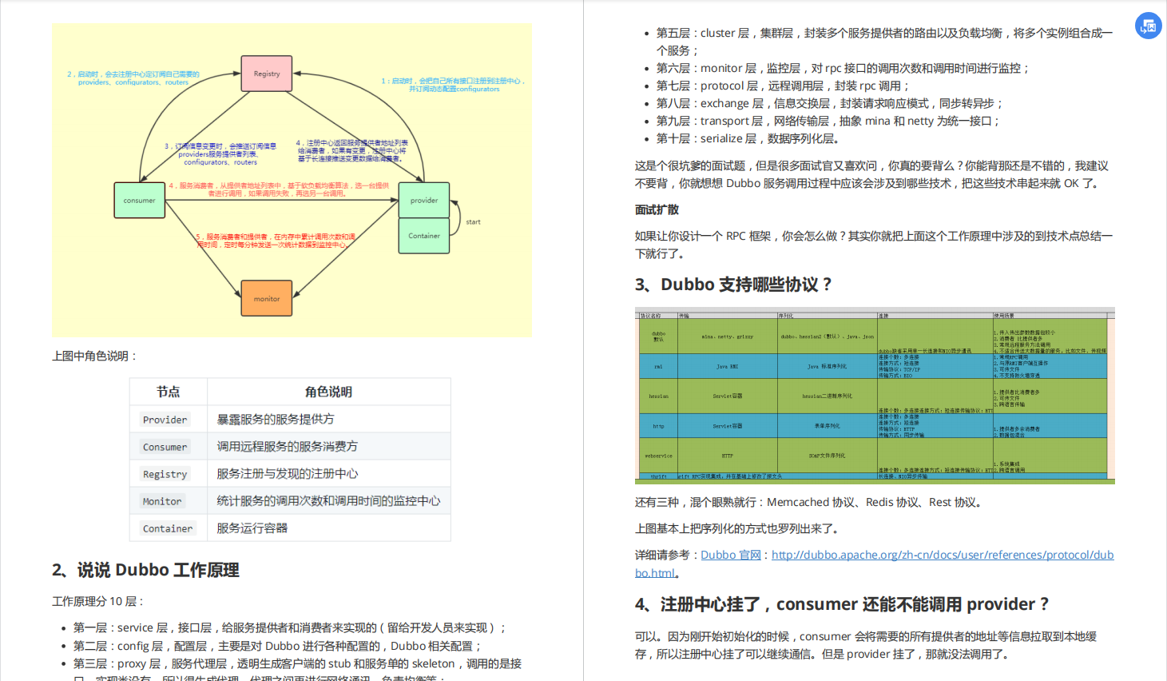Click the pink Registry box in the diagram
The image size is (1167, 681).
tap(267, 74)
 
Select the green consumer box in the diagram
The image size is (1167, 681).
tap(140, 200)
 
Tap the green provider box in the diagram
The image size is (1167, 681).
tap(424, 200)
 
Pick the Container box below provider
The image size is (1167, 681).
tap(424, 236)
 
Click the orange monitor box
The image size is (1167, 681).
tap(267, 298)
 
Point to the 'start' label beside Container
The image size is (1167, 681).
tap(473, 222)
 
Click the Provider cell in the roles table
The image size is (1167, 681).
tap(165, 420)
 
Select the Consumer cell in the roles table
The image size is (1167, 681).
tap(165, 447)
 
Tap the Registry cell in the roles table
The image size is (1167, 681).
tap(165, 474)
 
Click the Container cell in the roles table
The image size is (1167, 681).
tap(168, 528)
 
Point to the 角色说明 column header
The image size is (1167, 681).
tap(328, 392)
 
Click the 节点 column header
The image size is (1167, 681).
tap(169, 392)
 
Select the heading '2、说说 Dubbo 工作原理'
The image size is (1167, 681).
tap(145, 570)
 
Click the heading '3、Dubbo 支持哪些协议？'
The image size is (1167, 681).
tap(733, 285)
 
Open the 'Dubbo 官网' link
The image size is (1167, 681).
tap(730, 555)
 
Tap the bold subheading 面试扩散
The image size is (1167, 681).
tap(657, 209)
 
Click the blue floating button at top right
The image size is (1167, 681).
tap(1149, 26)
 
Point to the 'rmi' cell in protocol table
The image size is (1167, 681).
tap(658, 367)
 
